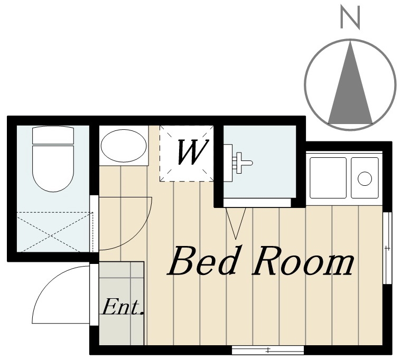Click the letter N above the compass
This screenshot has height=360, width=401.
pyautogui.click(x=350, y=17)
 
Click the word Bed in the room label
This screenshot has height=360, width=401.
pyautogui.click(x=202, y=261)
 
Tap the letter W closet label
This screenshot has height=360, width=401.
pyautogui.click(x=192, y=152)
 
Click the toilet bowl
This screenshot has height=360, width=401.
pyautogui.click(x=53, y=168)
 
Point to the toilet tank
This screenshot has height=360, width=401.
pyautogui.click(x=53, y=135)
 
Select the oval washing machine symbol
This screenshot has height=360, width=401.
pyautogui.click(x=124, y=146)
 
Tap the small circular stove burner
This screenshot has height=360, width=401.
pyautogui.click(x=365, y=178)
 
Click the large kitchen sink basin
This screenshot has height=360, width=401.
pyautogui.click(x=328, y=178)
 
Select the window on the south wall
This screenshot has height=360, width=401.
pyautogui.click(x=268, y=350)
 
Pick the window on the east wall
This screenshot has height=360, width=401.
pyautogui.click(x=388, y=248)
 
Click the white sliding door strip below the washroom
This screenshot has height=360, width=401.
pyautogui.click(x=257, y=203)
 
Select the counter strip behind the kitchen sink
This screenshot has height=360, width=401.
pyautogui.click(x=344, y=154)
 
